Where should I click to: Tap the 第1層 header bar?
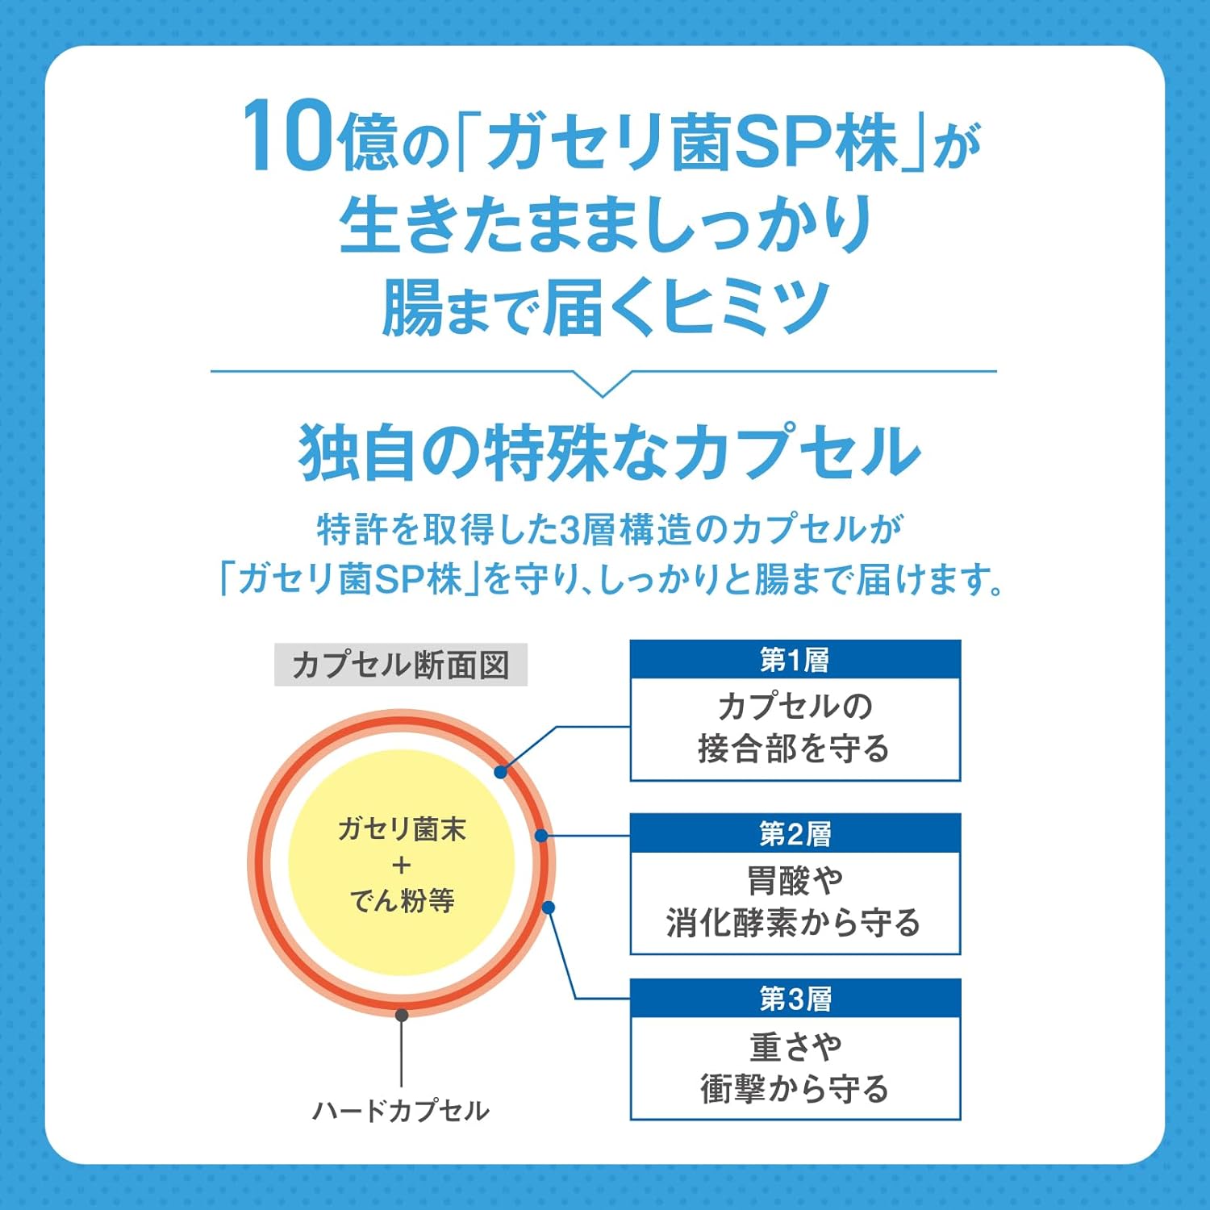pos(795,660)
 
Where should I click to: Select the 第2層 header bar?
pos(795,833)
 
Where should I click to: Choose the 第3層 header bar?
pos(795,999)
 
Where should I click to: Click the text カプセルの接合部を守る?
pos(795,728)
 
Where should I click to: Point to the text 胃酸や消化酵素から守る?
pos(795,901)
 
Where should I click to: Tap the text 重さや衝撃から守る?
pos(795,1067)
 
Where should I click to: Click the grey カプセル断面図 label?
pos(401,665)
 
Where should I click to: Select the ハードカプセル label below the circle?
pos(401,1111)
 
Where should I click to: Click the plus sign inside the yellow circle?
pos(402,866)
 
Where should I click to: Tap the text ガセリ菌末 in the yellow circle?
pos(402,829)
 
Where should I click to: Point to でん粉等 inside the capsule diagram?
pos(402,900)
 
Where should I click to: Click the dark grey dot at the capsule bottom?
pos(402,1015)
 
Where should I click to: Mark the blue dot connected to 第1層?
pos(501,772)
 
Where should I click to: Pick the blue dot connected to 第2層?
pos(541,836)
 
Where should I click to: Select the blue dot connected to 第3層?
pos(549,907)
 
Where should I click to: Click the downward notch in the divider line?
pos(602,384)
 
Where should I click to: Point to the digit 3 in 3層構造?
pos(570,530)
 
